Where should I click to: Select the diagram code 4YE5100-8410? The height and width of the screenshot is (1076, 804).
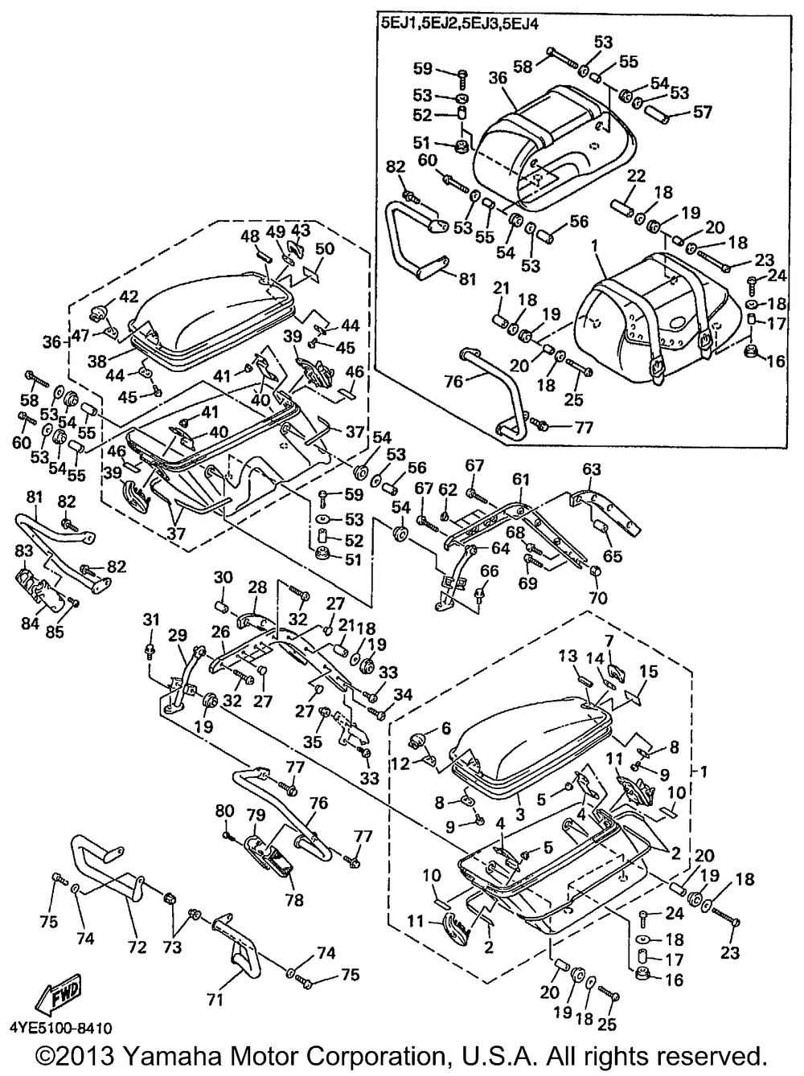[x=62, y=1028]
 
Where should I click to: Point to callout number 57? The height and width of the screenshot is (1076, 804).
[x=702, y=112]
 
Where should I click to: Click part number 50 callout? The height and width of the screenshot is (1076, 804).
[x=324, y=249]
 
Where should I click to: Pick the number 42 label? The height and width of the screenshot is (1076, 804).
[x=129, y=295]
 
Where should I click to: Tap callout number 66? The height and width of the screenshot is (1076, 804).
[x=490, y=571]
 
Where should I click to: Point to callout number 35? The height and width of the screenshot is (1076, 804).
[x=313, y=742]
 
